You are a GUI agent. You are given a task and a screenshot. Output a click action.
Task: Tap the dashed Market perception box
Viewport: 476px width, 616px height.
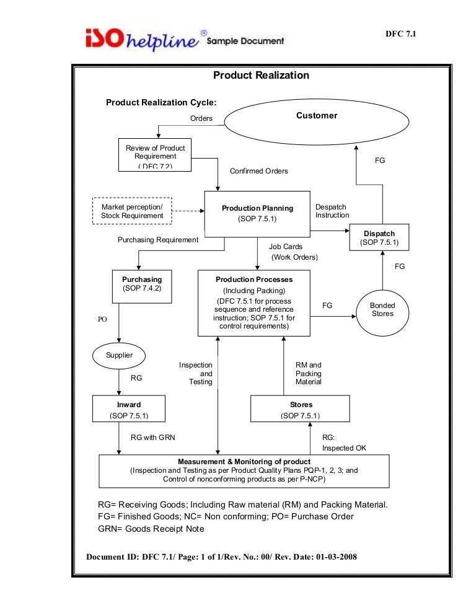click(x=132, y=211)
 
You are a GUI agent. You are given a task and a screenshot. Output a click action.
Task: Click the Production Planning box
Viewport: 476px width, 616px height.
click(x=257, y=213)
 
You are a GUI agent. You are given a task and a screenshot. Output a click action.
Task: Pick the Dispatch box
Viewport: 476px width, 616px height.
click(x=379, y=237)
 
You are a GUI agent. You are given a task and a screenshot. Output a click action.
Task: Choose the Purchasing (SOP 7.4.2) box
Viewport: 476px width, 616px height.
click(x=142, y=286)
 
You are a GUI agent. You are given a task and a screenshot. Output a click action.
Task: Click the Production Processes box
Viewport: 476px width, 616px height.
click(x=254, y=303)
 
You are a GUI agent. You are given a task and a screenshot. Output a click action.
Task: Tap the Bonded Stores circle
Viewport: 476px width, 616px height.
click(x=382, y=309)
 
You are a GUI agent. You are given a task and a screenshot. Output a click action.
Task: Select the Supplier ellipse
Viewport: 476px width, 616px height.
click(x=119, y=356)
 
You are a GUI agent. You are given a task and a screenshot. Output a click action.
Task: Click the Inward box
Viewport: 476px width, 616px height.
click(x=129, y=409)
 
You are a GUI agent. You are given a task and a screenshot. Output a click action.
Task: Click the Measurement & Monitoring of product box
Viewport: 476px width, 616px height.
click(x=244, y=471)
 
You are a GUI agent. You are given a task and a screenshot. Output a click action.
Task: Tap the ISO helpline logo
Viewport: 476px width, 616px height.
click(x=143, y=39)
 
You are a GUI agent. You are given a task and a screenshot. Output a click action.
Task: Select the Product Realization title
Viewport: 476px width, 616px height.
click(x=261, y=76)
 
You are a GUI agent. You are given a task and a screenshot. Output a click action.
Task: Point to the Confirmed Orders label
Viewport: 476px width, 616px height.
click(x=258, y=171)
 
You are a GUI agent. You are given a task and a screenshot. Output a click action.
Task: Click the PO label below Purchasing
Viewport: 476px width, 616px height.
click(x=103, y=320)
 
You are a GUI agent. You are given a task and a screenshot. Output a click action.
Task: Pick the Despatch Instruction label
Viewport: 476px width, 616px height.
click(x=332, y=211)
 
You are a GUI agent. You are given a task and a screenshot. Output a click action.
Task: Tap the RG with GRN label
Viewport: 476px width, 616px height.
click(x=152, y=438)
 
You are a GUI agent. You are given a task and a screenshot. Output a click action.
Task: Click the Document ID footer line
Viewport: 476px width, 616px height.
click(x=221, y=557)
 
